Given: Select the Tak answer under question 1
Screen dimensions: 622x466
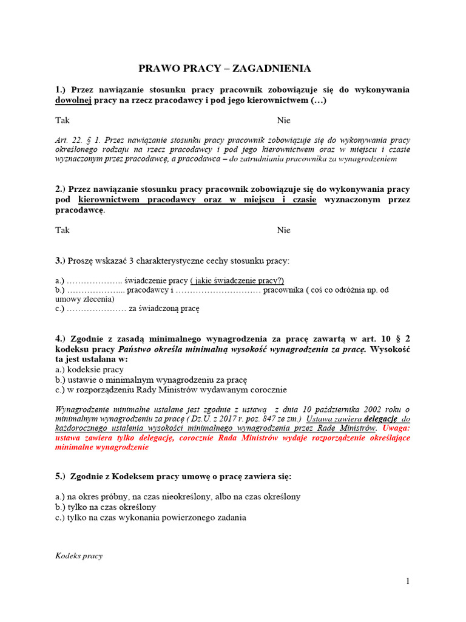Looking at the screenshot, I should (62, 120).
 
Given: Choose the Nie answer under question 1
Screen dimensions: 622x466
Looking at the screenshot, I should (284, 120).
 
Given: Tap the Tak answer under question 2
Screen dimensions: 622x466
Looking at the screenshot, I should (62, 230).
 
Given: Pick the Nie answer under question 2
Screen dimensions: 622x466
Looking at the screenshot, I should (284, 230).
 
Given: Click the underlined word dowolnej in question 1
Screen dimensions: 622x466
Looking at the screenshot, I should (73, 100).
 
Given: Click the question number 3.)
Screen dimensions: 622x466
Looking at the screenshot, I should (60, 261).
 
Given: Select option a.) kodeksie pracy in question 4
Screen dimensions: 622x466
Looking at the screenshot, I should (89, 369).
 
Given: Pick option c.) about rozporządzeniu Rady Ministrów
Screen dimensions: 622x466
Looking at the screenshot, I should (171, 390).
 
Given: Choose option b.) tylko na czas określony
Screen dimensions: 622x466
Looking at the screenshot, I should (106, 507).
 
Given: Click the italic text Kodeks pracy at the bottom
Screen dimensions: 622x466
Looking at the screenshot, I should (79, 556).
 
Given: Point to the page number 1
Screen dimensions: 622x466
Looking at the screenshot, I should (408, 581).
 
